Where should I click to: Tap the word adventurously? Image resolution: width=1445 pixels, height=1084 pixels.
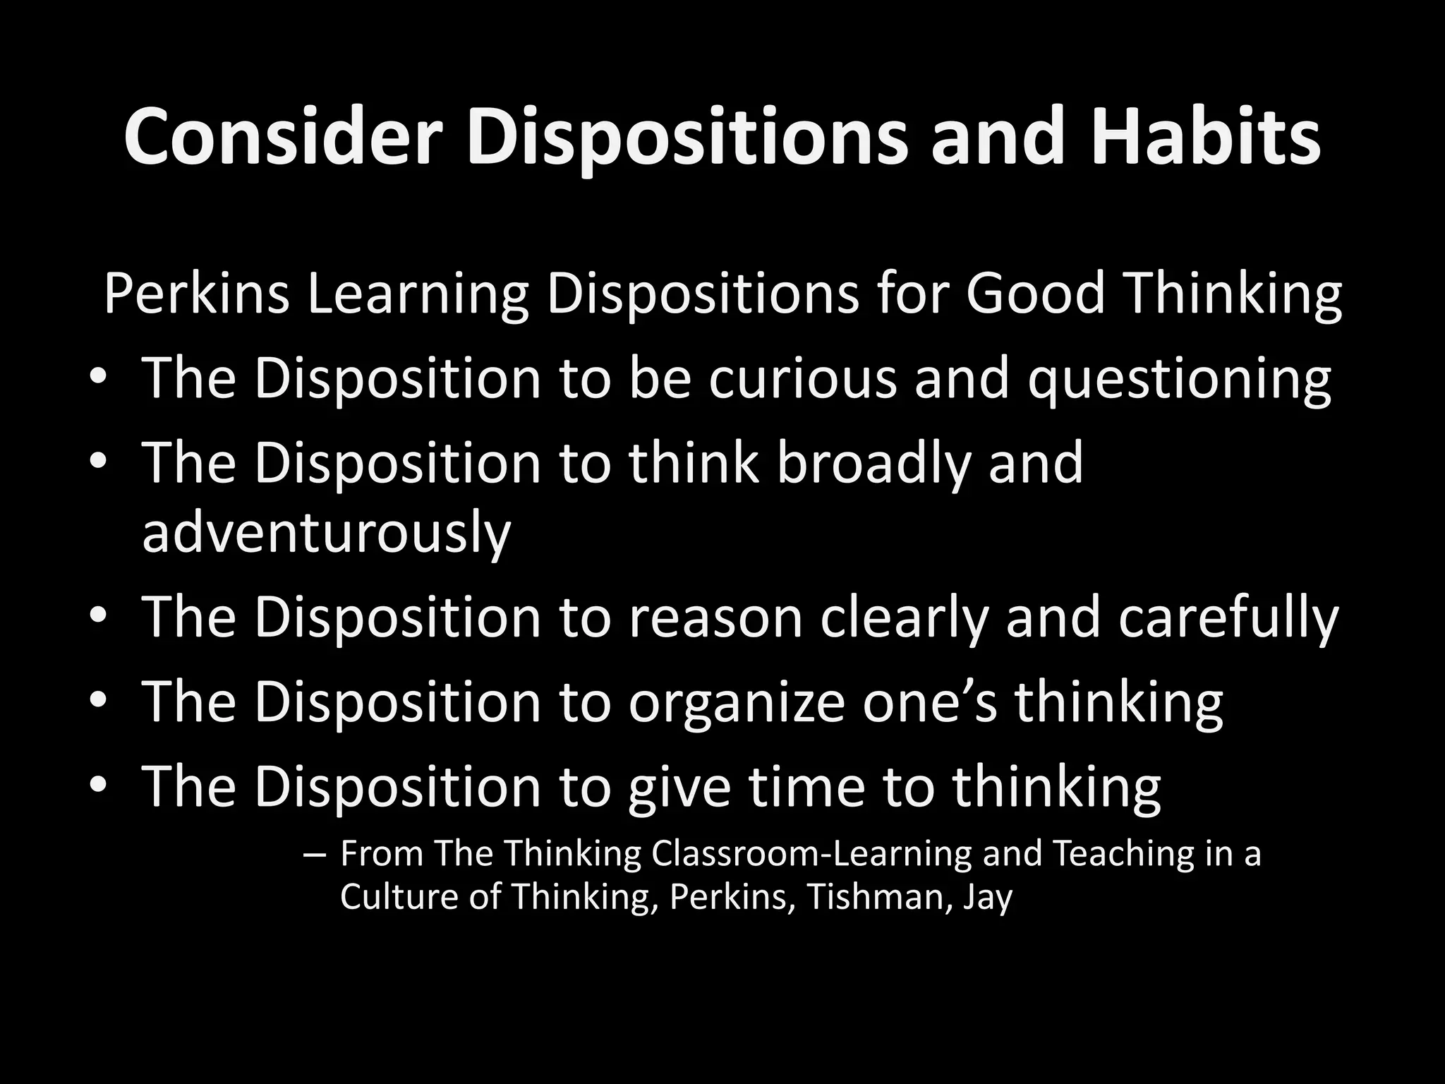pos(327,534)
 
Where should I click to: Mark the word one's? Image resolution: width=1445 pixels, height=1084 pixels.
pos(930,702)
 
